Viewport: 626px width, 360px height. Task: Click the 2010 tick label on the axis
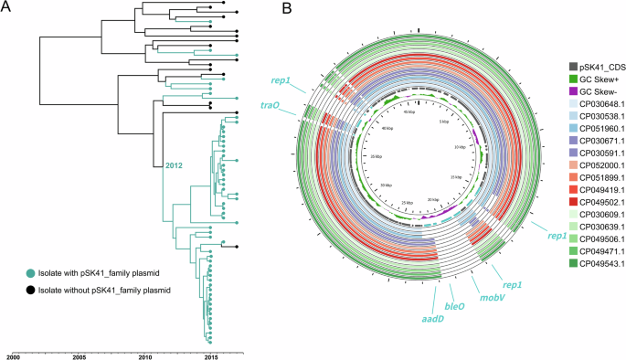point(145,355)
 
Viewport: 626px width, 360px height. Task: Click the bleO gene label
point(454,308)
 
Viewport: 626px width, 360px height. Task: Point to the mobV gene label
point(483,298)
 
